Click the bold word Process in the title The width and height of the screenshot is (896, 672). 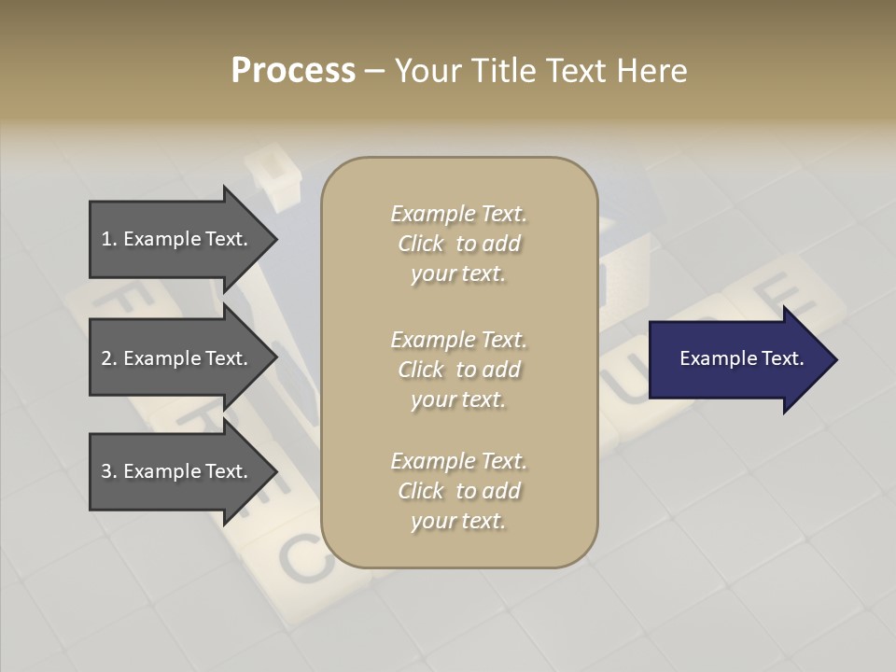tap(293, 71)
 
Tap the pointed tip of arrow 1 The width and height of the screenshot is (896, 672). tap(273, 239)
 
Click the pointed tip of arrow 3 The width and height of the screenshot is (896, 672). tap(273, 471)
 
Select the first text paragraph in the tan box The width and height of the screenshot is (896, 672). tap(458, 244)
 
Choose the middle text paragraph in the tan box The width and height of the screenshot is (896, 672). tap(458, 370)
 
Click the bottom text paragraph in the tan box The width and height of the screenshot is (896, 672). tap(458, 491)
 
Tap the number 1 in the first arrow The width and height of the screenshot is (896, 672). tap(106, 239)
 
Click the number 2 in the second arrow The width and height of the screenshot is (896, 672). tap(106, 358)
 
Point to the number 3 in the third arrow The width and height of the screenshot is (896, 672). tap(106, 471)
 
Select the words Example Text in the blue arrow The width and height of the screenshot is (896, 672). tap(741, 358)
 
